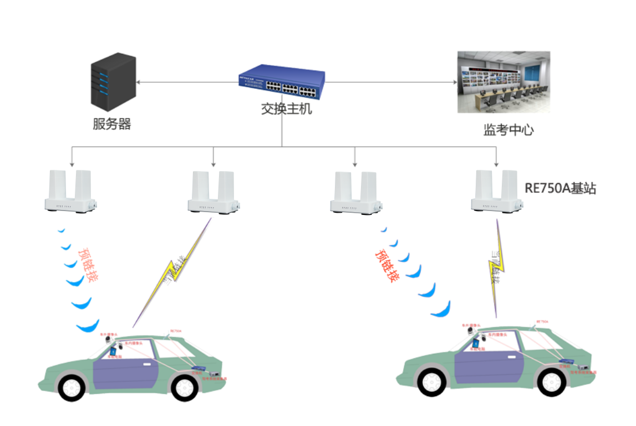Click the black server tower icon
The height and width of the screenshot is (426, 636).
pos(113,81)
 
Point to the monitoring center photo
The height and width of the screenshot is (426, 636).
pos(503,82)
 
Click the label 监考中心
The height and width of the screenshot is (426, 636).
pos(508,131)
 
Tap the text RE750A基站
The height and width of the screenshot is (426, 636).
pos(560,189)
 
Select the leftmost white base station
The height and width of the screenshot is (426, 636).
pos(70,192)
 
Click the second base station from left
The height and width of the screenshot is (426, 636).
pos(213,192)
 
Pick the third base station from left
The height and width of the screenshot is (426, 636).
pos(355,192)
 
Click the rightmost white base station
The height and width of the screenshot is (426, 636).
pos(497,191)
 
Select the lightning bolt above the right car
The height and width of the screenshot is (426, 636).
pos(496,267)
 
